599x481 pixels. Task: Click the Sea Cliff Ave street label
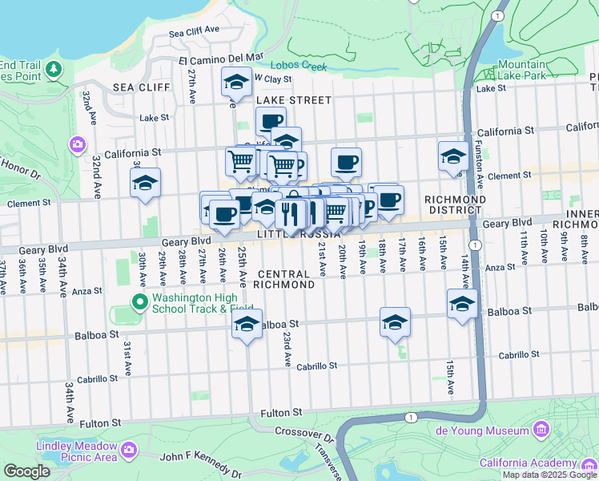195,33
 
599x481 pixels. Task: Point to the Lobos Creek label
299,66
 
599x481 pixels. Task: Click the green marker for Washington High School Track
139,302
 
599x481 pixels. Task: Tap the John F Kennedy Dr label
203,457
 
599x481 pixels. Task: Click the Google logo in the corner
26,471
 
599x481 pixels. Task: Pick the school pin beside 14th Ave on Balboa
462,305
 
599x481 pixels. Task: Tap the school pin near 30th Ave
145,184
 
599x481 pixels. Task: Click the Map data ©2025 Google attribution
549,475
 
